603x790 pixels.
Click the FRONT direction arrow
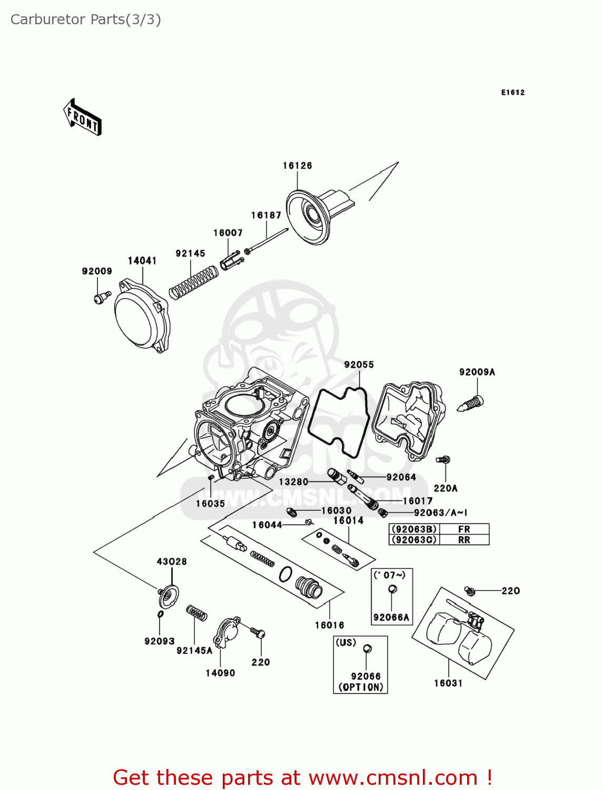83,117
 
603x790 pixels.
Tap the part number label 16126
297,166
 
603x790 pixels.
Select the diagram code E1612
512,93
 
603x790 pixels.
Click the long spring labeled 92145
193,282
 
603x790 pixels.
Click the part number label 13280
293,482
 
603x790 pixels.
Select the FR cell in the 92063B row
463,529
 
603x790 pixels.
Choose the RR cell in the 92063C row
463,540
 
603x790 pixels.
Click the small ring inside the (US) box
368,649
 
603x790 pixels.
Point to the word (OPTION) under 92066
361,687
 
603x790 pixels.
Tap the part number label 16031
448,683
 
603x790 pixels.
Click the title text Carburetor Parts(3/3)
86,19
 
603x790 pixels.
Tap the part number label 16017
418,501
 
